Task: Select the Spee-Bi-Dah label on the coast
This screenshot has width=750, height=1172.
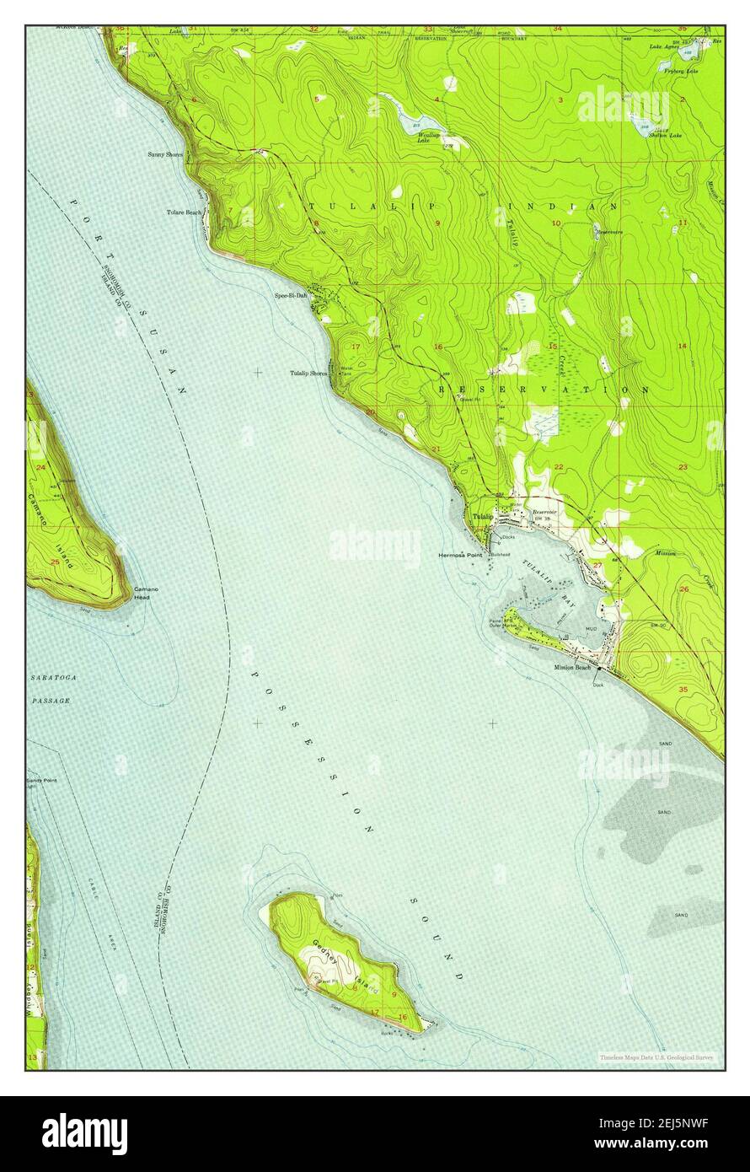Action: coord(291,296)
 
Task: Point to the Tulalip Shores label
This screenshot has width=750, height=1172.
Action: coord(308,373)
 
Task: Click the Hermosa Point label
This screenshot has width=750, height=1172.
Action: coord(460,556)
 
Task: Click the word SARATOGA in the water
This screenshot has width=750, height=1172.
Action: coord(51,677)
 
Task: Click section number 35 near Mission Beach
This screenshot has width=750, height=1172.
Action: coord(683,690)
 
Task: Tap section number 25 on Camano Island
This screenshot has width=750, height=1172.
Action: coord(55,562)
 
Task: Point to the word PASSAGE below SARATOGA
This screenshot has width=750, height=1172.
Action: coord(51,701)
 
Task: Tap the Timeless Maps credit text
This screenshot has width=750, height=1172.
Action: coord(656,1056)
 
